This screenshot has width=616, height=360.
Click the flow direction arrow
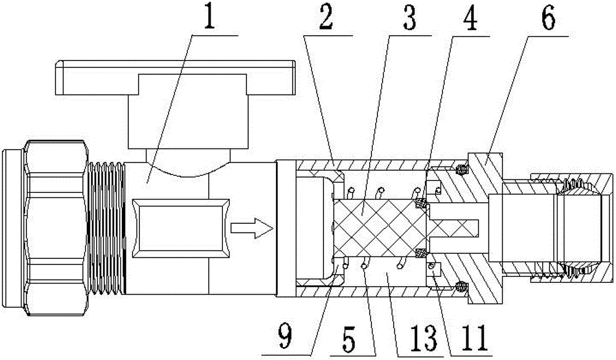(x=251, y=229)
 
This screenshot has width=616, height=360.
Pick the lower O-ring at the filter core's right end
(x=421, y=252)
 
